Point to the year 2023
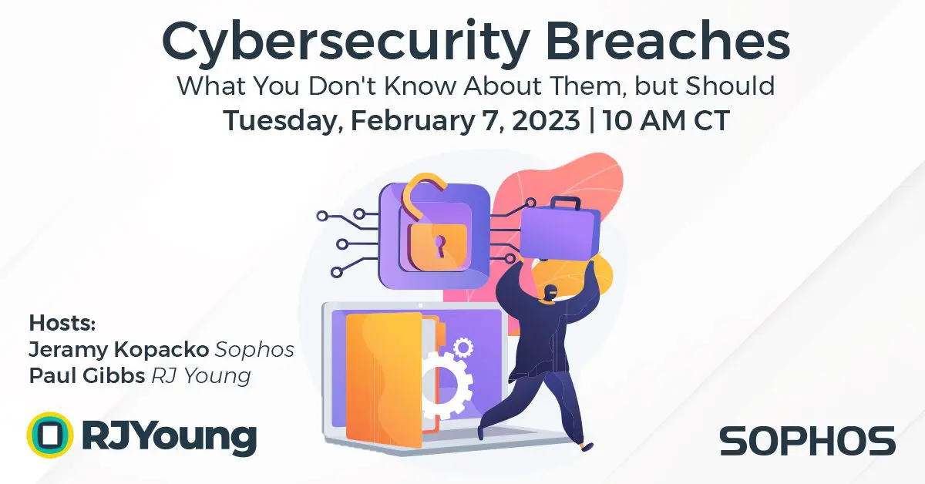[546, 120]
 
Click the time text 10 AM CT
[667, 120]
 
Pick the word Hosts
[62, 323]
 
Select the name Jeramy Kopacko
[119, 350]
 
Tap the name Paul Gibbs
[86, 376]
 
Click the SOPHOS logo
[807, 441]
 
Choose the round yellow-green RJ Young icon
[50, 435]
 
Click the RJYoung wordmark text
[170, 437]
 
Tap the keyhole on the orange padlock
[439, 246]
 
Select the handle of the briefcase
[565, 203]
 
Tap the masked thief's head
[550, 295]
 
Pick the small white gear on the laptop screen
[463, 348]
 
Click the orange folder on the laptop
[384, 380]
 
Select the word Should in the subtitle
[730, 86]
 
